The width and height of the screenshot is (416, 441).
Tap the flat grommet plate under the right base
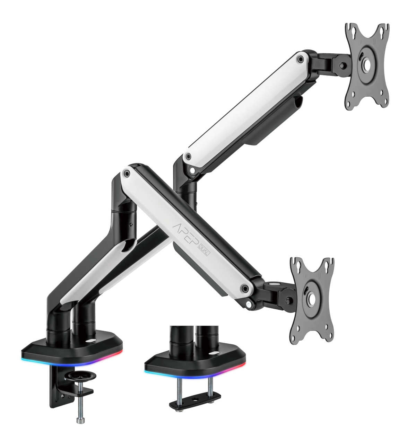click(x=195, y=400)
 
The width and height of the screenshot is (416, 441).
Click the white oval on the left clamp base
click(x=91, y=341)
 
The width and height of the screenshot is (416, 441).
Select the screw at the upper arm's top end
click(x=301, y=59)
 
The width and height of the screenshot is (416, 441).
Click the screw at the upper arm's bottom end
click(x=188, y=156)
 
